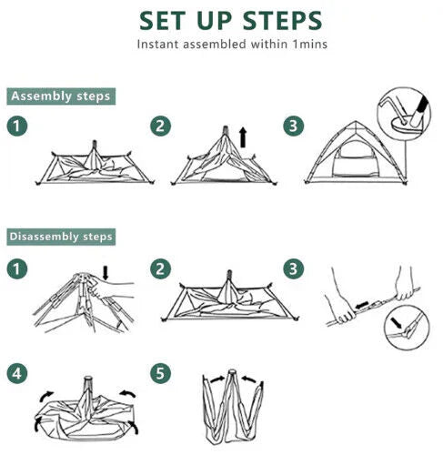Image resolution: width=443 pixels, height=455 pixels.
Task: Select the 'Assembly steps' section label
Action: (61, 96)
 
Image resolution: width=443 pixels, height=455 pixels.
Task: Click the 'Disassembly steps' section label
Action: (61, 237)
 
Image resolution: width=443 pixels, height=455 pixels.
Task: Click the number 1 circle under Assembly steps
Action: (16, 126)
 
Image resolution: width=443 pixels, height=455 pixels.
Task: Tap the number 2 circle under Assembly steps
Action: (160, 126)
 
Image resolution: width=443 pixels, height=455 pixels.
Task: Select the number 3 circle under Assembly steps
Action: (293, 126)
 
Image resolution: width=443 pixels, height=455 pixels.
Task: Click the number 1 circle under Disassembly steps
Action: (16, 268)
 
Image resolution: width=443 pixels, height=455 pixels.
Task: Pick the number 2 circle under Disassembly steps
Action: (160, 268)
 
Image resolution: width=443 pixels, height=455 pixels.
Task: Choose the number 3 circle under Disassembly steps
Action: (293, 268)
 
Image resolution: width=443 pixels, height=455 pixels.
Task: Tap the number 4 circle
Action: (16, 372)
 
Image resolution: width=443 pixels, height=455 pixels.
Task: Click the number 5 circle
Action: (160, 372)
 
